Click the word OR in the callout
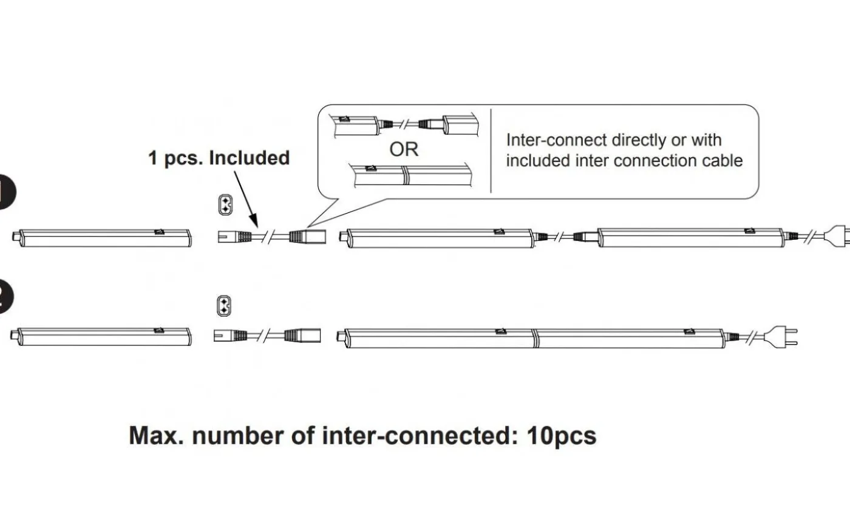[x=403, y=149]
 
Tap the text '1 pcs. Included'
[x=219, y=158]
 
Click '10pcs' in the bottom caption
[x=562, y=436]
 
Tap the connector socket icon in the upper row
[x=225, y=205]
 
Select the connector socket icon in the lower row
[x=225, y=305]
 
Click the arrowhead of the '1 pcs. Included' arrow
[x=254, y=222]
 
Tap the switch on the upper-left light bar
[x=159, y=231]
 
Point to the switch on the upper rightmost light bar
[x=749, y=231]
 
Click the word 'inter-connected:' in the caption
[x=419, y=436]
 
